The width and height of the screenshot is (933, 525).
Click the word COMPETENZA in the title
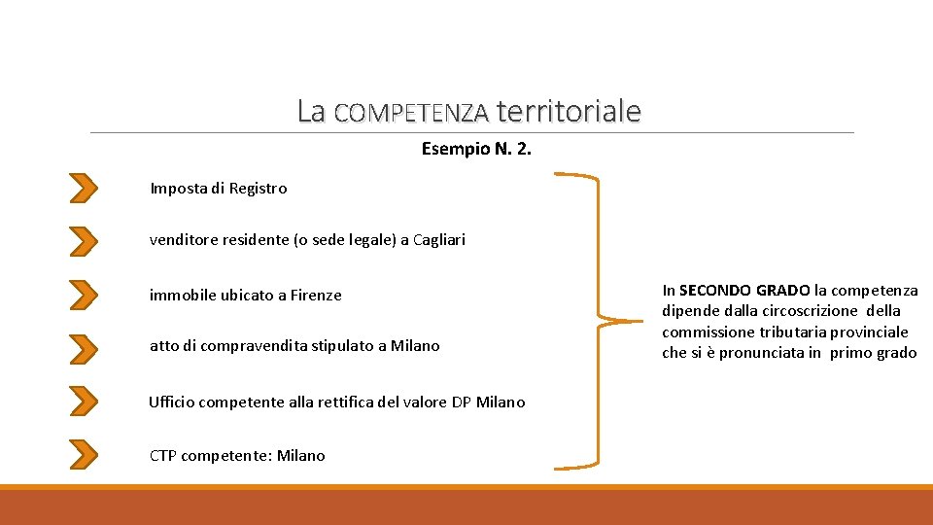pos(410,113)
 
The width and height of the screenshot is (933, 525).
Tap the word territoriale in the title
pos(568,111)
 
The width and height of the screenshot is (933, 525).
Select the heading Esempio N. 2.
pos(476,150)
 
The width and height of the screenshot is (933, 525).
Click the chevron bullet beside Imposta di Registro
pos(85,188)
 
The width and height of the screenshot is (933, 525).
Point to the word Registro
pos(258,189)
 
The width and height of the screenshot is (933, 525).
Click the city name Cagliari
pos(439,239)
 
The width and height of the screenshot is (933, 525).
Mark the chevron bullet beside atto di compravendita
pos(85,346)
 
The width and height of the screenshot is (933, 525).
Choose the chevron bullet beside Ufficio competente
pos(85,400)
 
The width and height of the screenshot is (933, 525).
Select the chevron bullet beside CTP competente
pos(85,453)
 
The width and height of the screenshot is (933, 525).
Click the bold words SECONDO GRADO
pos(744,290)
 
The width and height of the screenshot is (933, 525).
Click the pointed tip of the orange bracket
pos(632,320)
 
